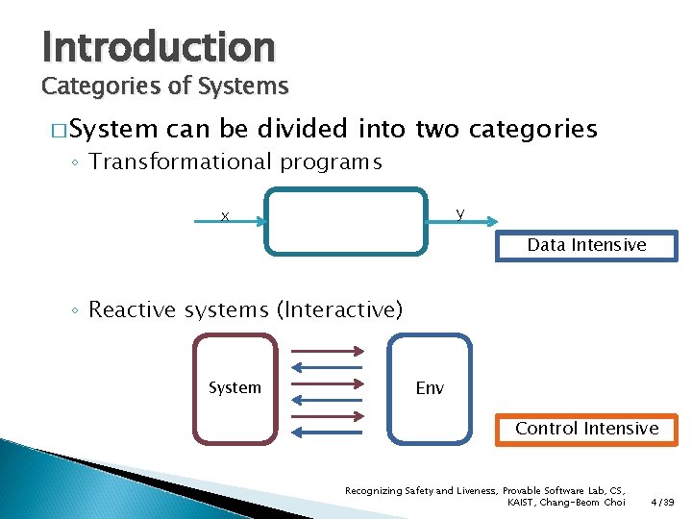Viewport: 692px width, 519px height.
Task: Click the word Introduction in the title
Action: pos(159,45)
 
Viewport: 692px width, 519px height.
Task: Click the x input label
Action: pos(224,216)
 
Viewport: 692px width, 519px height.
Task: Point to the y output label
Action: pos(460,212)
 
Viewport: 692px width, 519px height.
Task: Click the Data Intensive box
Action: pos(586,245)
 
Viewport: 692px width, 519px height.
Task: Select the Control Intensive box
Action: pos(586,429)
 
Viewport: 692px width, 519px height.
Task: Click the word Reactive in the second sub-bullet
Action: pos(131,309)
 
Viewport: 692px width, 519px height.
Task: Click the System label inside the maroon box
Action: pos(235,387)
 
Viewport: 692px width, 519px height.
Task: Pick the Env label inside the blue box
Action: pos(430,388)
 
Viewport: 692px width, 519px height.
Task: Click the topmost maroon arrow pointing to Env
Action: pos(327,349)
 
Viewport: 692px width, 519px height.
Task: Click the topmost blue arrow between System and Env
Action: pos(327,365)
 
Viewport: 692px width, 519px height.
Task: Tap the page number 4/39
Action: pos(662,502)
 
